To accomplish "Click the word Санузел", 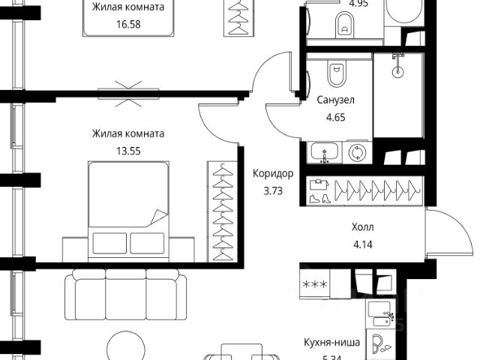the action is (335, 100).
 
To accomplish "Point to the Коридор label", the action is (274, 173).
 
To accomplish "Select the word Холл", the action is (362, 226).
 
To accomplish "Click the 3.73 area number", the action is (274, 190).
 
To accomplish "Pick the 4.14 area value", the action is (362, 243).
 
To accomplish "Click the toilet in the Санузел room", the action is (335, 75).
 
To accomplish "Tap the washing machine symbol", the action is (358, 153).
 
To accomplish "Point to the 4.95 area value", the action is (350, 3).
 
